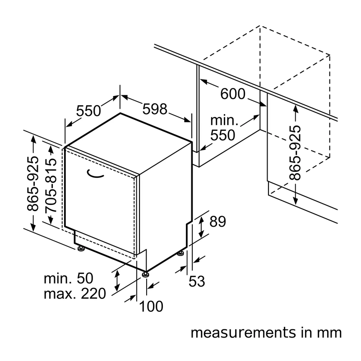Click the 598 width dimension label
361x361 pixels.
pos(155,109)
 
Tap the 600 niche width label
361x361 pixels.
pos(233,94)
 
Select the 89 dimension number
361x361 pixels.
pos(218,222)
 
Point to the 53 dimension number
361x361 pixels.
pos(197,281)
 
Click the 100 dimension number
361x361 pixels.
pos(151,306)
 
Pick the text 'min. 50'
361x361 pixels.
pos(69,278)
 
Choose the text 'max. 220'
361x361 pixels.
pos(75,294)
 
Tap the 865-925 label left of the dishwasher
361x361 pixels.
pos(32,184)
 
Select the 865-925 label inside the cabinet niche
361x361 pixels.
pos(295,153)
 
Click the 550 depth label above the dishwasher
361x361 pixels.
pos(88,111)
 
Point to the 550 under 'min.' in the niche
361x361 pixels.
pos(222,135)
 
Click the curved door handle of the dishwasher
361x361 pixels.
pos(95,174)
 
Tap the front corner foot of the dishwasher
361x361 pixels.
pos(145,274)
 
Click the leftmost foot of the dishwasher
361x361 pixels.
pos(81,249)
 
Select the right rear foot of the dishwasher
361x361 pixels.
pos(180,254)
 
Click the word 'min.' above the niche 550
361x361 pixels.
pos(224,120)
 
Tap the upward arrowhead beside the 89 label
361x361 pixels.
pos(201,219)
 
